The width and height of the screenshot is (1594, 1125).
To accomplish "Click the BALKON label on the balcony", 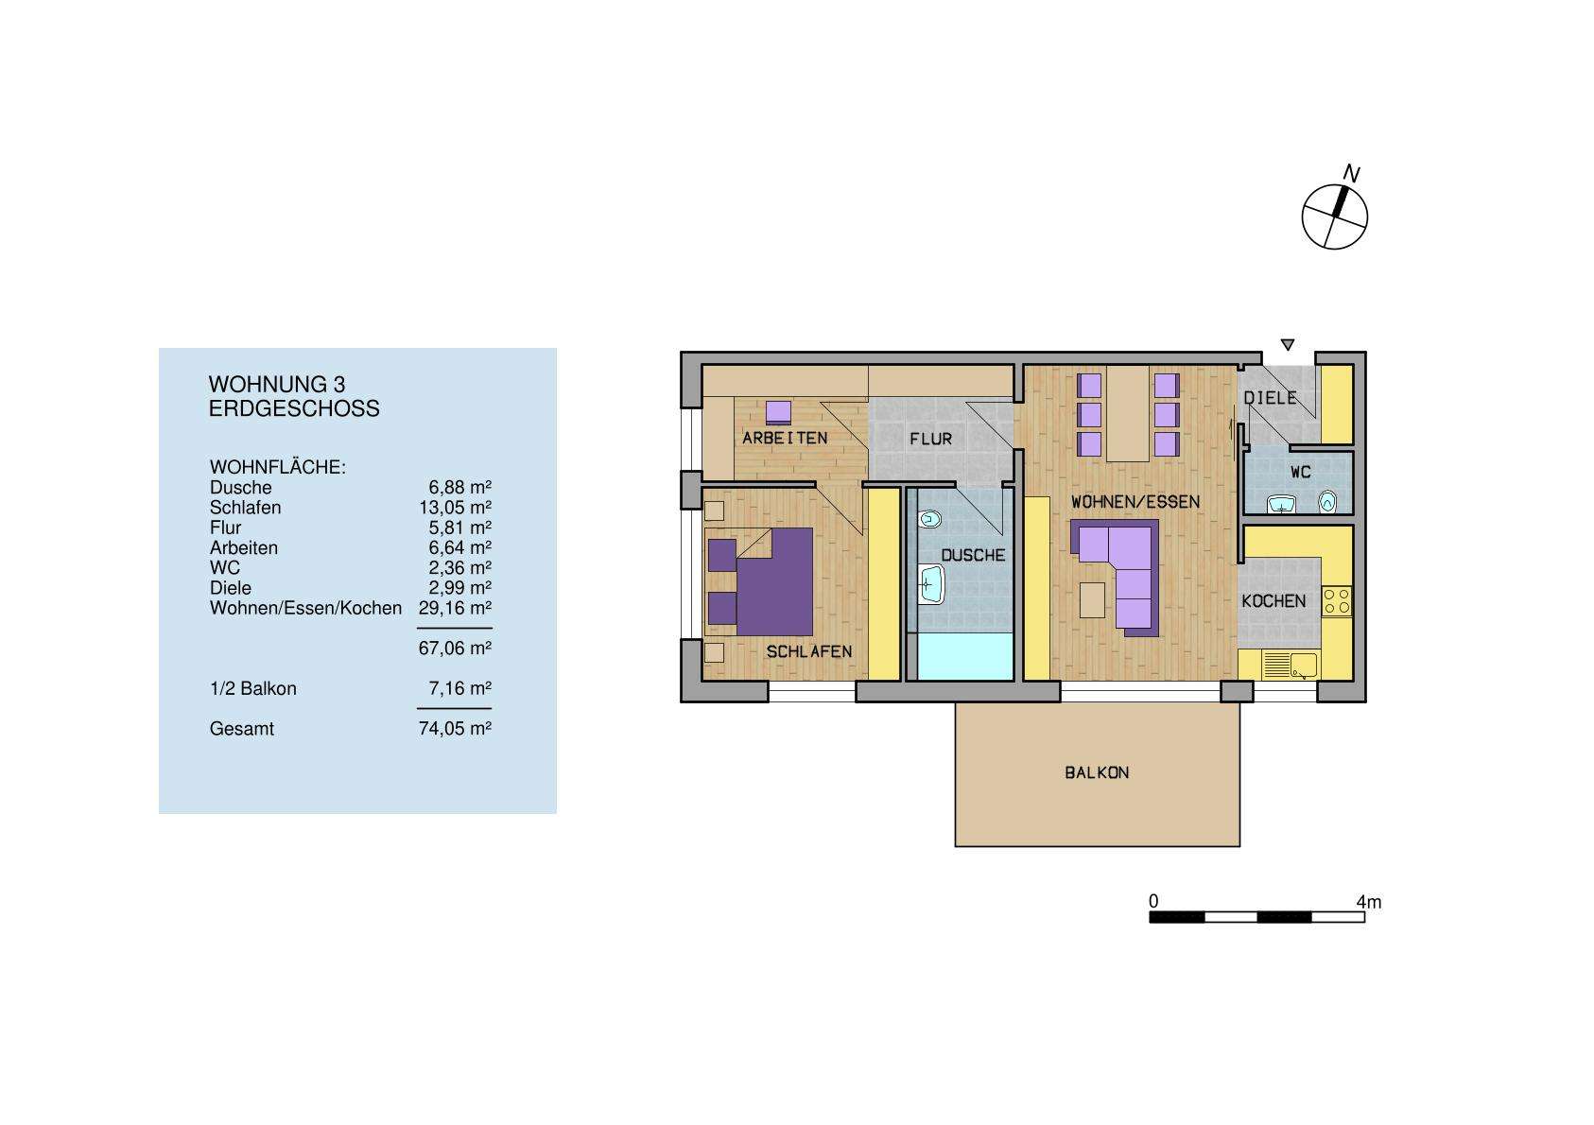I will coord(1097,772).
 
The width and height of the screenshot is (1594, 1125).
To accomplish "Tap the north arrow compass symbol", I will coord(1334,216).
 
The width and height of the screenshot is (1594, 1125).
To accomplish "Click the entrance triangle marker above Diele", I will coord(1287,345).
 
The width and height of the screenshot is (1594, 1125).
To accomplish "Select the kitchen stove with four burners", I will coord(1337,601).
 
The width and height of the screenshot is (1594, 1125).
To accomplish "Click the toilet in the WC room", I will coord(1328,501).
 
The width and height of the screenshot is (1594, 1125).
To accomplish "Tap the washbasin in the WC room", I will coord(1281,505).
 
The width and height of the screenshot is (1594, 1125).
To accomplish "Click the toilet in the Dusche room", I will coord(930,519).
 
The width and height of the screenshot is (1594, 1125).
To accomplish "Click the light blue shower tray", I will coord(960,657).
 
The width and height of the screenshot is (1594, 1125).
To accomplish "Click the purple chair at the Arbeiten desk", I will coord(778,411).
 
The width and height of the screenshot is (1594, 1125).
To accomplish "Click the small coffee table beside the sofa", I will coord(1092,599).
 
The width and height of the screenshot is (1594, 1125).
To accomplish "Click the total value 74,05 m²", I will coord(455,729).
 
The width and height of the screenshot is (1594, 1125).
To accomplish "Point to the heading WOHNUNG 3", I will coord(276,385).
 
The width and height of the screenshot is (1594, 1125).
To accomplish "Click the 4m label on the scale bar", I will coord(1368,902).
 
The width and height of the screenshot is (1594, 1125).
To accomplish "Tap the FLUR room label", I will coord(930,439).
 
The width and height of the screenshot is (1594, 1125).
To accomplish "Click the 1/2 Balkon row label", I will coord(252,689).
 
